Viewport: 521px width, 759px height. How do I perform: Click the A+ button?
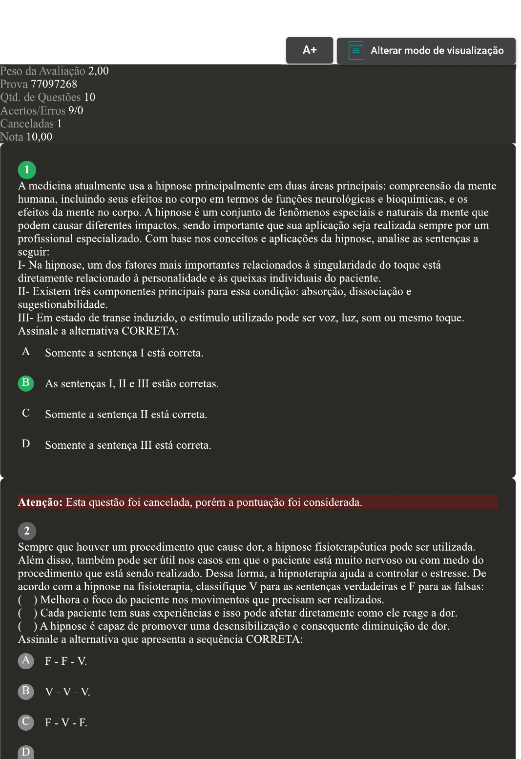pyautogui.click(x=310, y=50)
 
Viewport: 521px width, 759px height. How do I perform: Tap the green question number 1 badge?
pyautogui.click(x=27, y=170)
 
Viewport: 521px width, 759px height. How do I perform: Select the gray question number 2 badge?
pyautogui.click(x=27, y=531)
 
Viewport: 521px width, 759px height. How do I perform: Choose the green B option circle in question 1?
pyautogui.click(x=26, y=383)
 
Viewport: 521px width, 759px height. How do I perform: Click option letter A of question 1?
pyautogui.click(x=26, y=352)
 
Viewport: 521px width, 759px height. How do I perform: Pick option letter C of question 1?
pyautogui.click(x=26, y=413)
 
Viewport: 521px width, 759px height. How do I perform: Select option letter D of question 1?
pyautogui.click(x=26, y=444)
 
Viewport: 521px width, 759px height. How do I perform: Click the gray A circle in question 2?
pyautogui.click(x=26, y=660)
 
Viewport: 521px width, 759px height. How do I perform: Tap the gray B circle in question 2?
pyautogui.click(x=26, y=691)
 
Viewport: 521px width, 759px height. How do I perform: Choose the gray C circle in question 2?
pyautogui.click(x=26, y=722)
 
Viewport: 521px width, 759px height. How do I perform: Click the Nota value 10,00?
pyautogui.click(x=39, y=137)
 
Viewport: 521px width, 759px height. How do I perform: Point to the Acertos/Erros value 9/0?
pyautogui.click(x=76, y=111)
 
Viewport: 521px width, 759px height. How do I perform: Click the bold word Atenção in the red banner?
pyautogui.click(x=40, y=502)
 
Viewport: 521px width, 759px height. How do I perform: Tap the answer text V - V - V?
pyautogui.click(x=67, y=692)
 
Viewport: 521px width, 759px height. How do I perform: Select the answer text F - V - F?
pyautogui.click(x=66, y=723)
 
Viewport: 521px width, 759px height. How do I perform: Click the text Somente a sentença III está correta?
pyautogui.click(x=128, y=445)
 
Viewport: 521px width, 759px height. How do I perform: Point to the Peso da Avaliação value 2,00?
pyautogui.click(x=98, y=71)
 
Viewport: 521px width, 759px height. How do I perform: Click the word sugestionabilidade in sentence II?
pyautogui.click(x=62, y=305)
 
